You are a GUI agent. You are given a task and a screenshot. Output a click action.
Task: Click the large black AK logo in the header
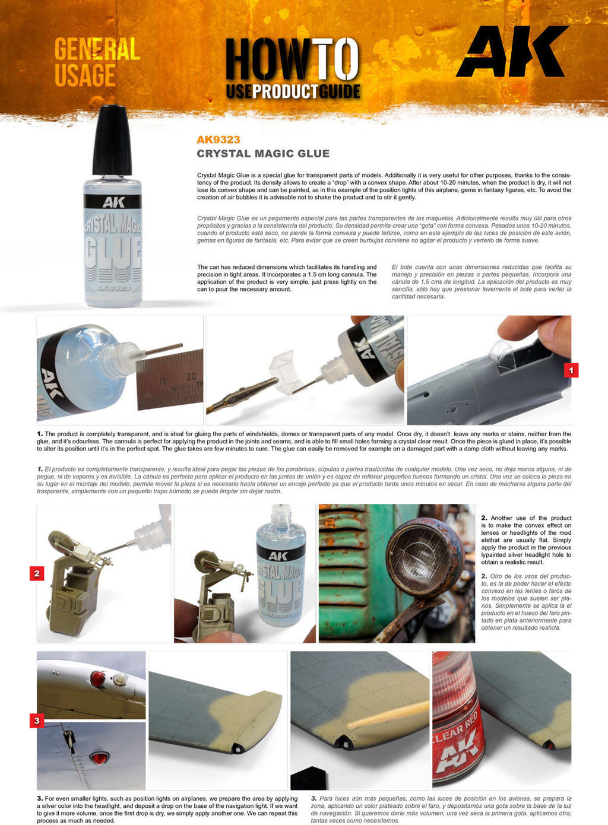coord(512,52)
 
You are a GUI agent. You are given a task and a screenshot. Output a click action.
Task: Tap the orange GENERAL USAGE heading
coord(96,62)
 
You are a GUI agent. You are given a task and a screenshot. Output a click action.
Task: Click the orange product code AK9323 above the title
coord(218,139)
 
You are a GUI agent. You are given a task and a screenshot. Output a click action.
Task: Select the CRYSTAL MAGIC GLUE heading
coord(263,154)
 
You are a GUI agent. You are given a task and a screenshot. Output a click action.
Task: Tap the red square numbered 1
coord(571,370)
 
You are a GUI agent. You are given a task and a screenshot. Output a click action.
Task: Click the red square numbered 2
coord(37,573)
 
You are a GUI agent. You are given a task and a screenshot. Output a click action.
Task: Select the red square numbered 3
coord(37,721)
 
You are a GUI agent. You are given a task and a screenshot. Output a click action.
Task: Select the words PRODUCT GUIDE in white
coord(306,91)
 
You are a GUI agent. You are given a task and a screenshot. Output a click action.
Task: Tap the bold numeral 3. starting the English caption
coord(40,799)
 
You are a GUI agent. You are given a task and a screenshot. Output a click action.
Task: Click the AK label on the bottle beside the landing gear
coord(278,556)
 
